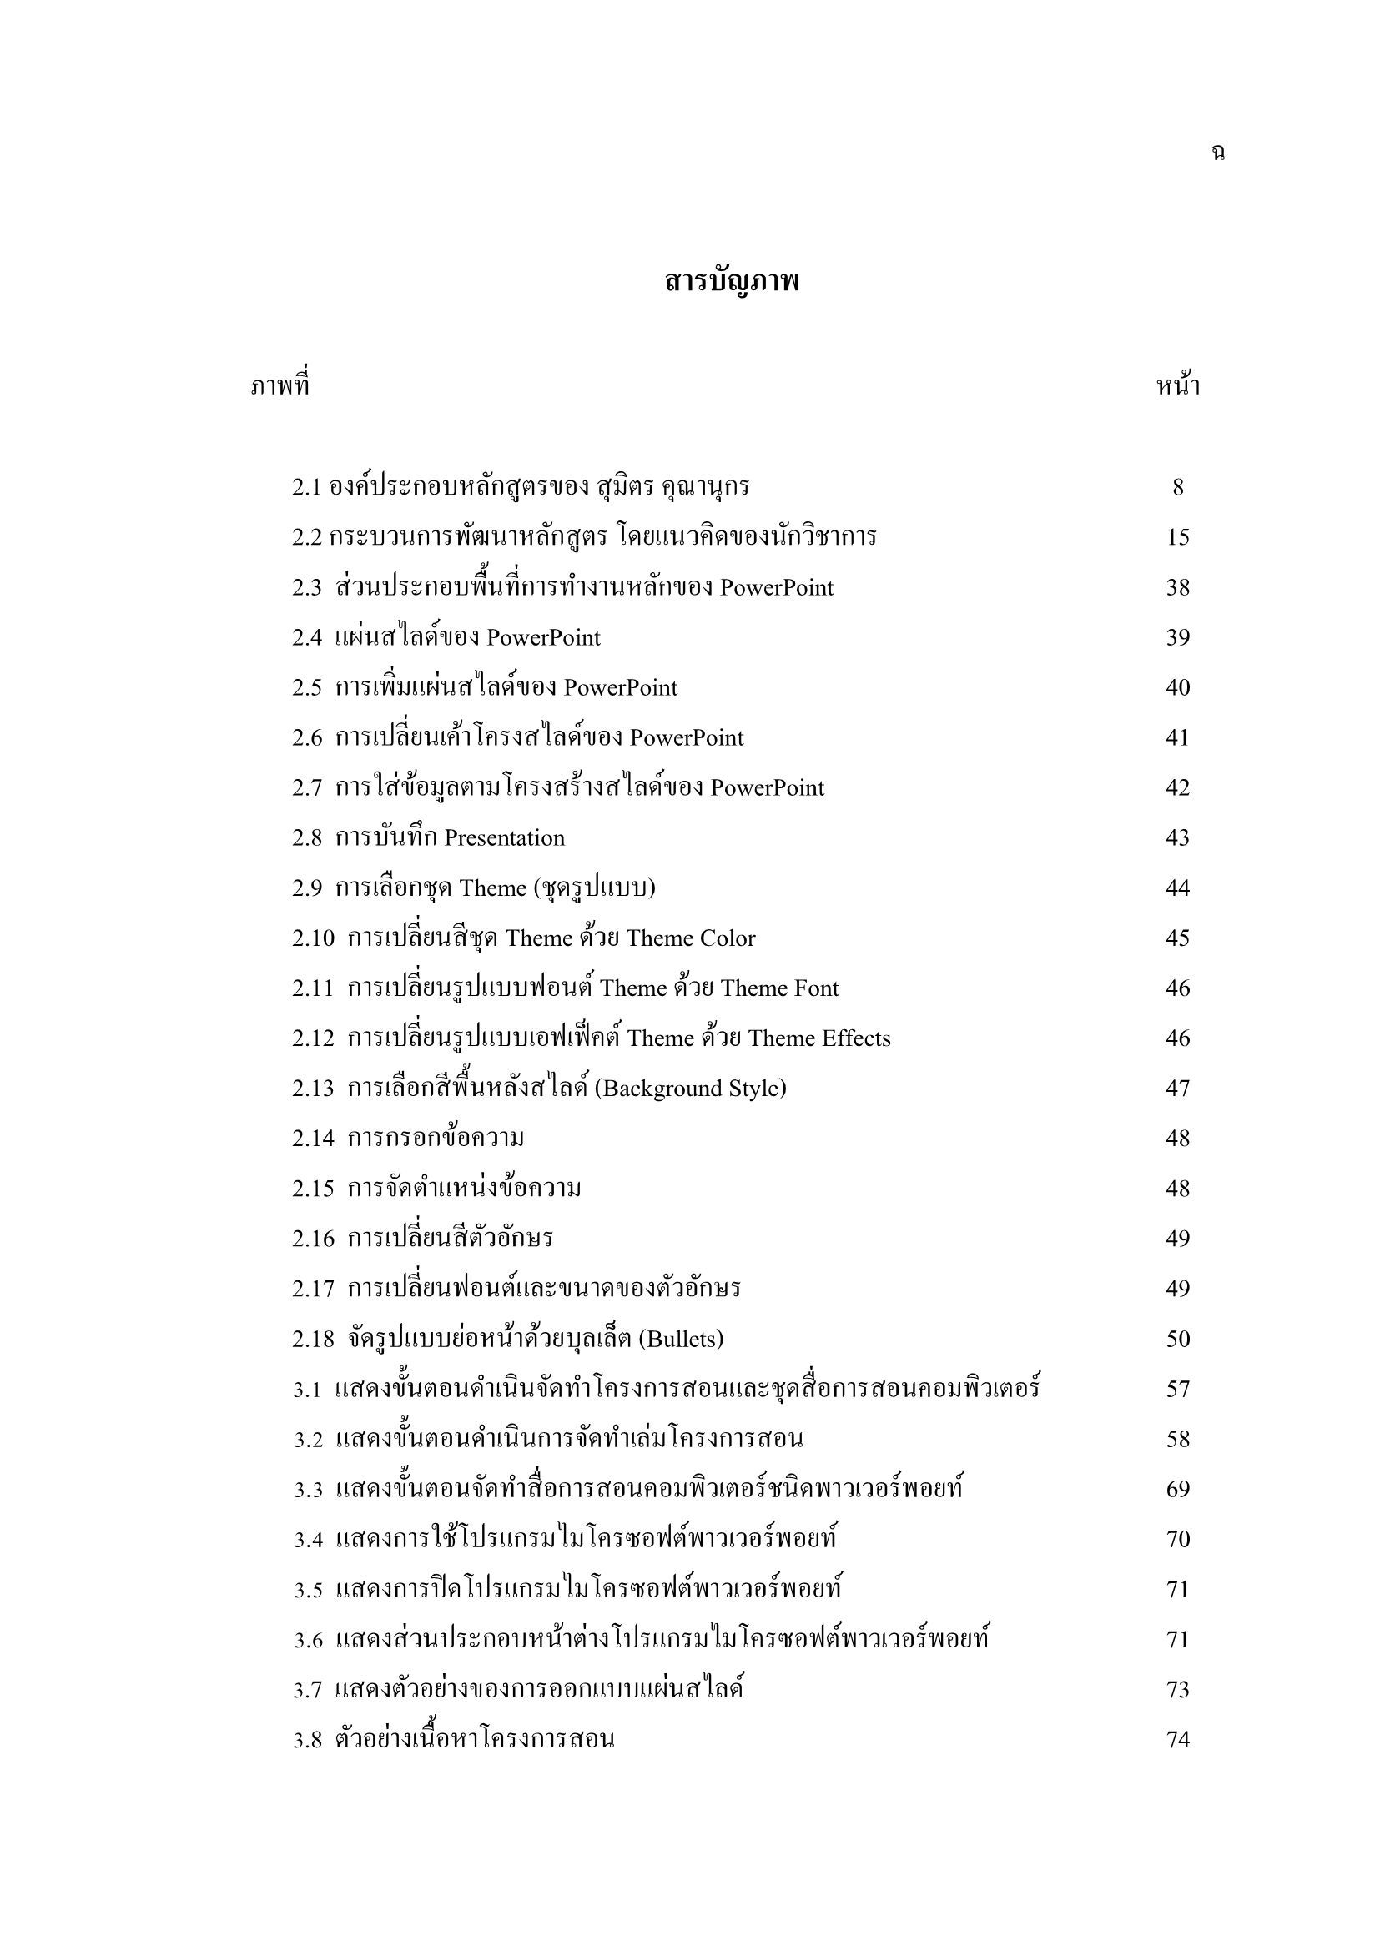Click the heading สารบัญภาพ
(x=732, y=281)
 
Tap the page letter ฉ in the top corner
(x=1217, y=153)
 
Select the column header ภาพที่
(x=280, y=387)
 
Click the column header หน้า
(x=1178, y=388)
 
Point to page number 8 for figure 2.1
(x=1178, y=488)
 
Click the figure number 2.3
(x=307, y=588)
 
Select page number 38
(x=1178, y=588)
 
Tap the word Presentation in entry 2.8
(x=504, y=838)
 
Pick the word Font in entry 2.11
(x=816, y=989)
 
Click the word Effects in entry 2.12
(x=856, y=1039)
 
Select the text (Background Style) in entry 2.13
(x=690, y=1089)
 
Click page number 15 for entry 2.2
(x=1178, y=538)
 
